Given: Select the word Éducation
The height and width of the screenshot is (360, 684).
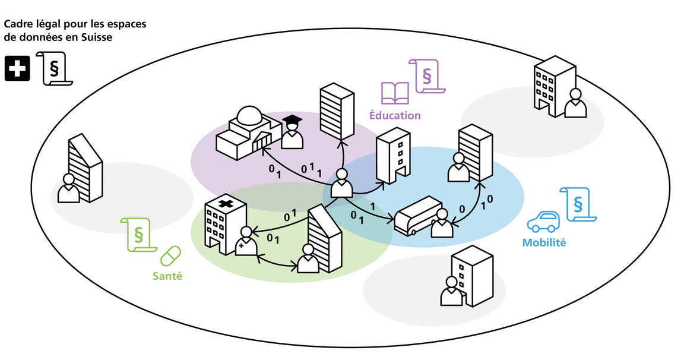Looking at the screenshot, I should tap(395, 115).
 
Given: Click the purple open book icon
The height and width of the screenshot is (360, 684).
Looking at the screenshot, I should tap(395, 93).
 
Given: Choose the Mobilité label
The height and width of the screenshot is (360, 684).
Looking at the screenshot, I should tap(544, 242).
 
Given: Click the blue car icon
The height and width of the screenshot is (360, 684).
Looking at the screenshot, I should tap(543, 222).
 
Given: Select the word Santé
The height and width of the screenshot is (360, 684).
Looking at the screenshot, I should tap(167, 276).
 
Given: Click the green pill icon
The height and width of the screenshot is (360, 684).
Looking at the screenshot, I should tap(170, 256).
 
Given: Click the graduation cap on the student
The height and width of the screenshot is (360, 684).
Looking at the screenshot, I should tap(292, 121).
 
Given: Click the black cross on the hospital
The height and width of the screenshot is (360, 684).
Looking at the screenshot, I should tap(226, 204).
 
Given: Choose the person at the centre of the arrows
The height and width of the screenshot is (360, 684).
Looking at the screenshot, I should tap(342, 184).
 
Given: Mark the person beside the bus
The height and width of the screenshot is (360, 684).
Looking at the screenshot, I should tap(441, 224).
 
